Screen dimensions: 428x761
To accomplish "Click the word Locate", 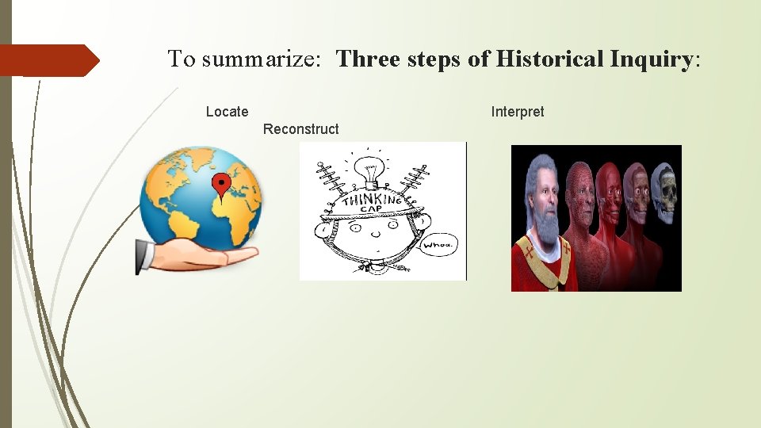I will tap(227, 112).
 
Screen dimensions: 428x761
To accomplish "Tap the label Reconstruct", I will tap(300, 129).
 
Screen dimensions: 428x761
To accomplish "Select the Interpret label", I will tap(518, 112).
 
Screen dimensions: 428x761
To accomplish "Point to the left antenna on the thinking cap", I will tap(327, 182).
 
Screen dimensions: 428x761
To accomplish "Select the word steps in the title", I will tap(435, 59).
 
